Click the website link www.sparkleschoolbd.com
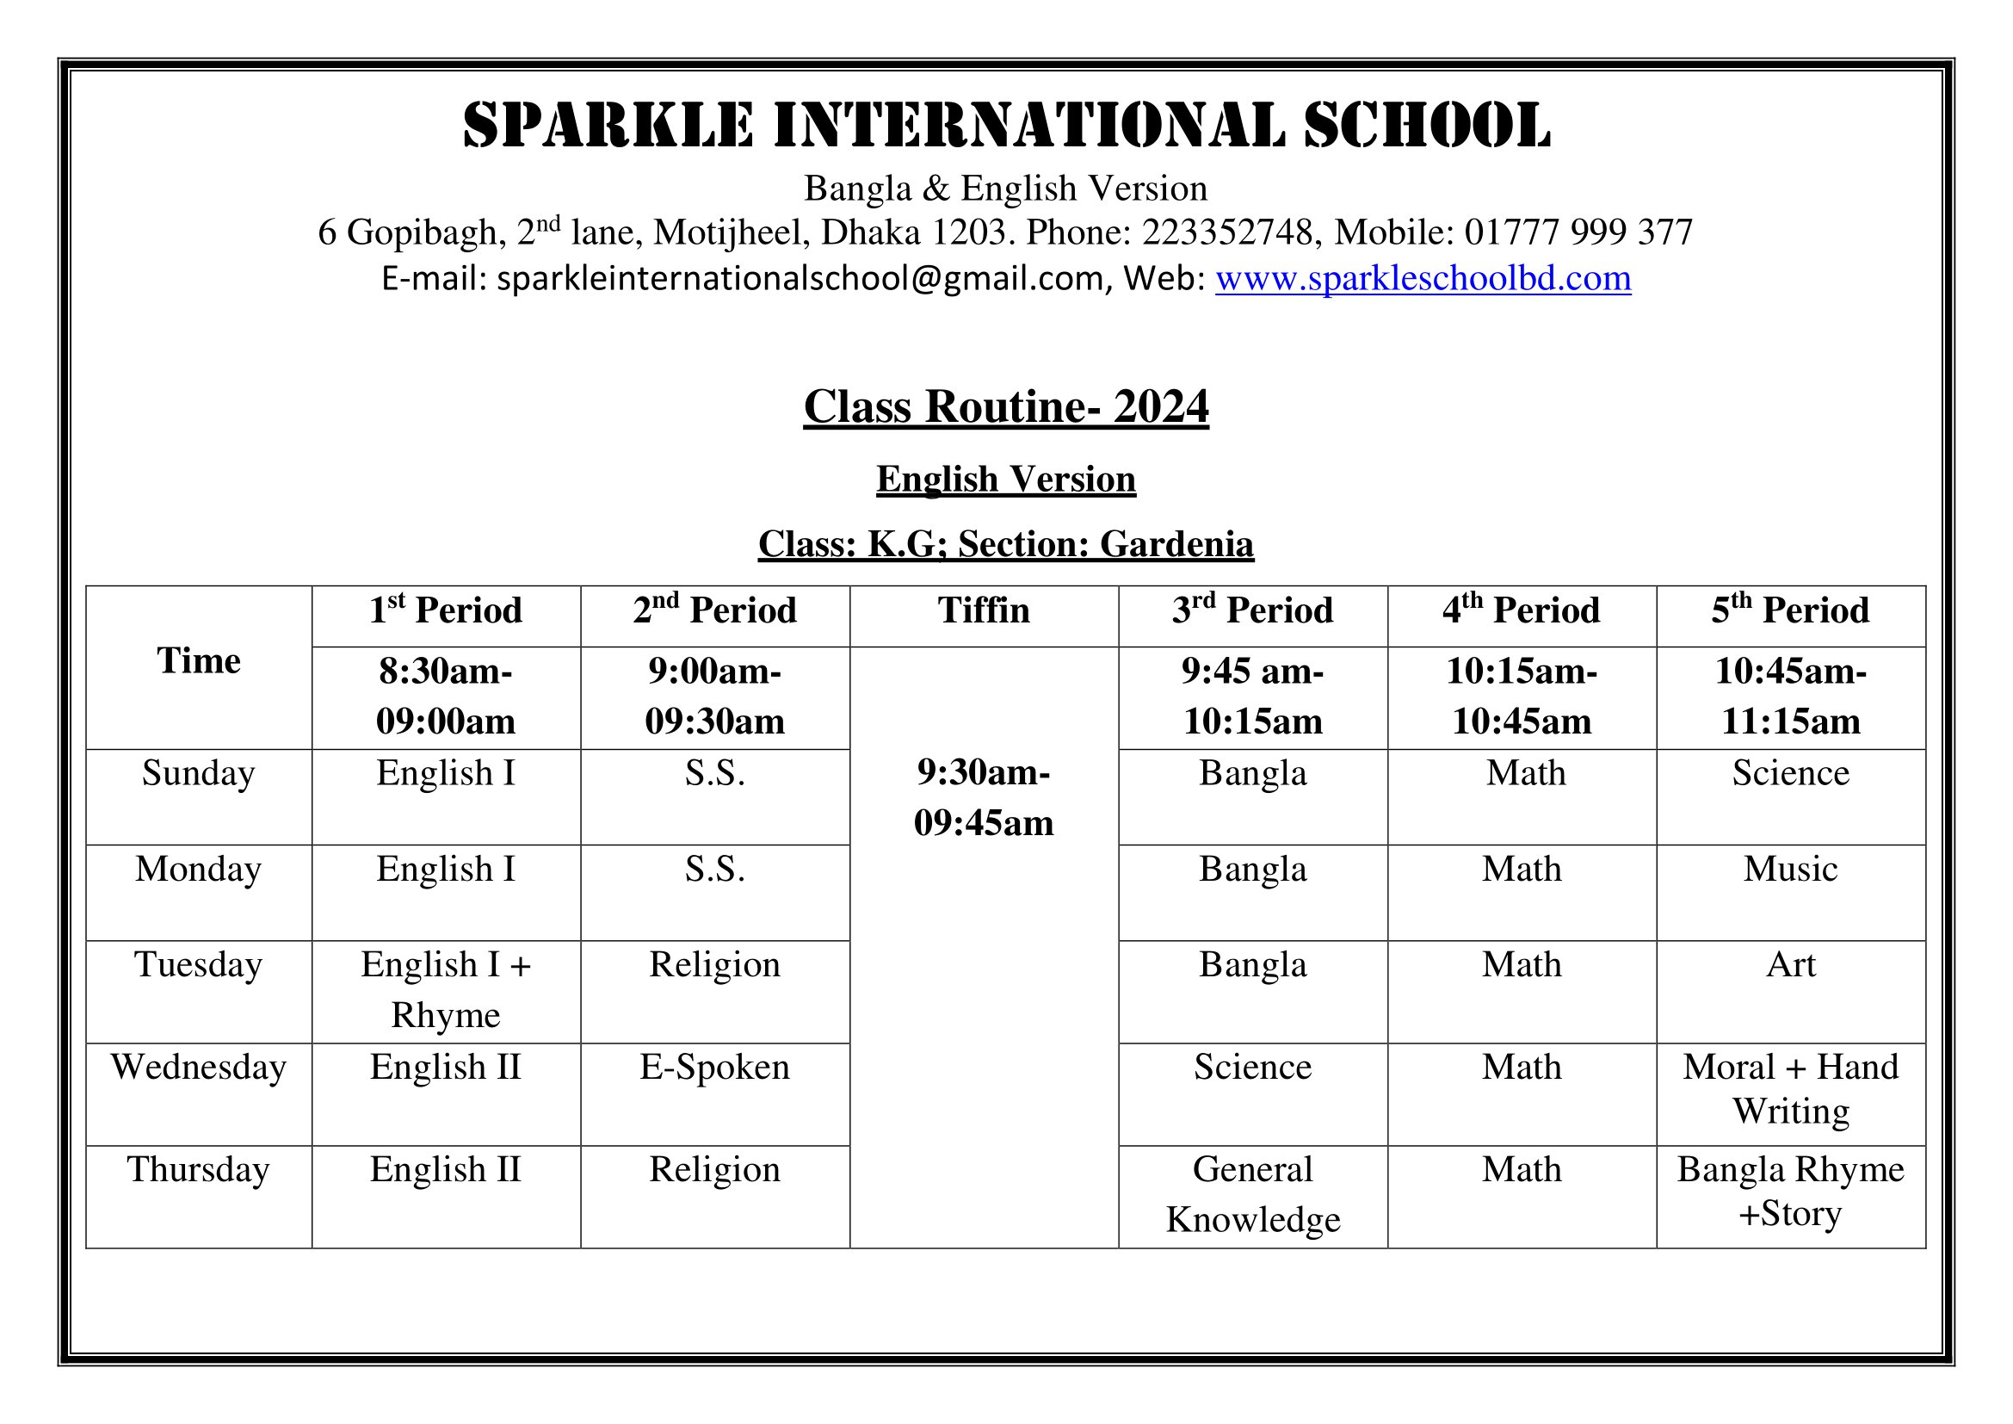click(x=1422, y=278)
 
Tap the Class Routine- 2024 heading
click(x=1005, y=407)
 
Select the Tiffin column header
click(x=984, y=610)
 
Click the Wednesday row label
click(x=198, y=1067)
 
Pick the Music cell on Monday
click(x=1790, y=869)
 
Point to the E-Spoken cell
click(x=714, y=1067)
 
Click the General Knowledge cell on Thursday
click(x=1253, y=1194)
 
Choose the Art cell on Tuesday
click(x=1790, y=964)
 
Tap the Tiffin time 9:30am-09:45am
click(x=984, y=797)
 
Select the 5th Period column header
click(x=1790, y=610)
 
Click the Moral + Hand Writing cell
click(x=1790, y=1089)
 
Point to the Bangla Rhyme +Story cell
click(x=1790, y=1191)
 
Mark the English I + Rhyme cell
click(x=446, y=989)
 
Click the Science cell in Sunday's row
click(x=1790, y=773)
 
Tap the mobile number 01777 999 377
click(x=1578, y=232)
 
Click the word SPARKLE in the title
click(x=608, y=126)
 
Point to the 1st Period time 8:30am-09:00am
click(x=446, y=697)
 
